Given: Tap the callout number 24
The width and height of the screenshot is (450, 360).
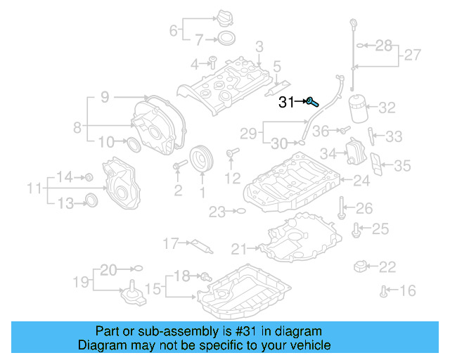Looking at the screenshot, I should pyautogui.click(x=361, y=181).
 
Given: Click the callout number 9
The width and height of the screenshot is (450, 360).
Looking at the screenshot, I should pyautogui.click(x=104, y=98).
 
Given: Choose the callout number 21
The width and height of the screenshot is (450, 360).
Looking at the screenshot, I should pyautogui.click(x=239, y=248).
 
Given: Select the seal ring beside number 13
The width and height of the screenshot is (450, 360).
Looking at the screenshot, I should pyautogui.click(x=91, y=200).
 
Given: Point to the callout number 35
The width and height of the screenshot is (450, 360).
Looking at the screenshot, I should pyautogui.click(x=401, y=166).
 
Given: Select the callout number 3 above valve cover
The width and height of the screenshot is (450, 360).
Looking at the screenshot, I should pyautogui.click(x=259, y=47).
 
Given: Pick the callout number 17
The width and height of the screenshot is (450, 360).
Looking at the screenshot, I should pyautogui.click(x=171, y=243).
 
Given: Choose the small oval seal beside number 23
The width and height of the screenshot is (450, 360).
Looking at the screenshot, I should pyautogui.click(x=240, y=210).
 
